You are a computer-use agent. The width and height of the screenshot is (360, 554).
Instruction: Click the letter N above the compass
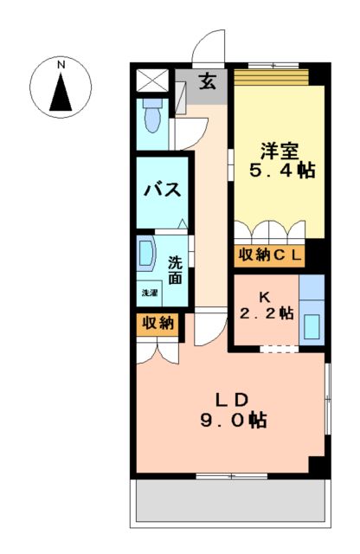pyautogui.click(x=61, y=64)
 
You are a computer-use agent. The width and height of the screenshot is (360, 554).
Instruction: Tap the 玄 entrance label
pyautogui.click(x=209, y=82)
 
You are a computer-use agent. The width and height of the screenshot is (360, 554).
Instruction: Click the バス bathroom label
pyautogui.click(x=162, y=190)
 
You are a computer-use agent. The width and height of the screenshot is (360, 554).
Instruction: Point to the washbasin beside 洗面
pyautogui.click(x=146, y=255)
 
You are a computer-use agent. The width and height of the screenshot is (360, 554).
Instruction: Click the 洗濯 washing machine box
pyautogui.click(x=150, y=293)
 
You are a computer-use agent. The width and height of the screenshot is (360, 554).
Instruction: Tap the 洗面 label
pyautogui.click(x=176, y=269)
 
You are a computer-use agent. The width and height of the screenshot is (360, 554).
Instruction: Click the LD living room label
pyautogui.click(x=233, y=399)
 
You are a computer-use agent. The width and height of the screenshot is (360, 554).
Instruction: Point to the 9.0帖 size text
pyautogui.click(x=233, y=421)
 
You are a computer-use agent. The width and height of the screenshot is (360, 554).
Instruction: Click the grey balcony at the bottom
pyautogui.click(x=230, y=502)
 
